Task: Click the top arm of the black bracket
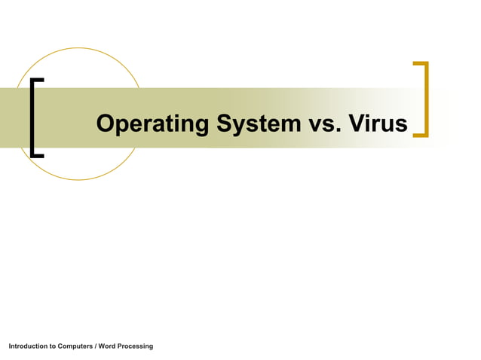coord(37,79)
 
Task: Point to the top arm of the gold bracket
coord(421,63)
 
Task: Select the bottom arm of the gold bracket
coord(421,136)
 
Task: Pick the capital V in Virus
coord(357,124)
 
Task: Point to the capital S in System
coord(225,124)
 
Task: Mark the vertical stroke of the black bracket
coord(32,117)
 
